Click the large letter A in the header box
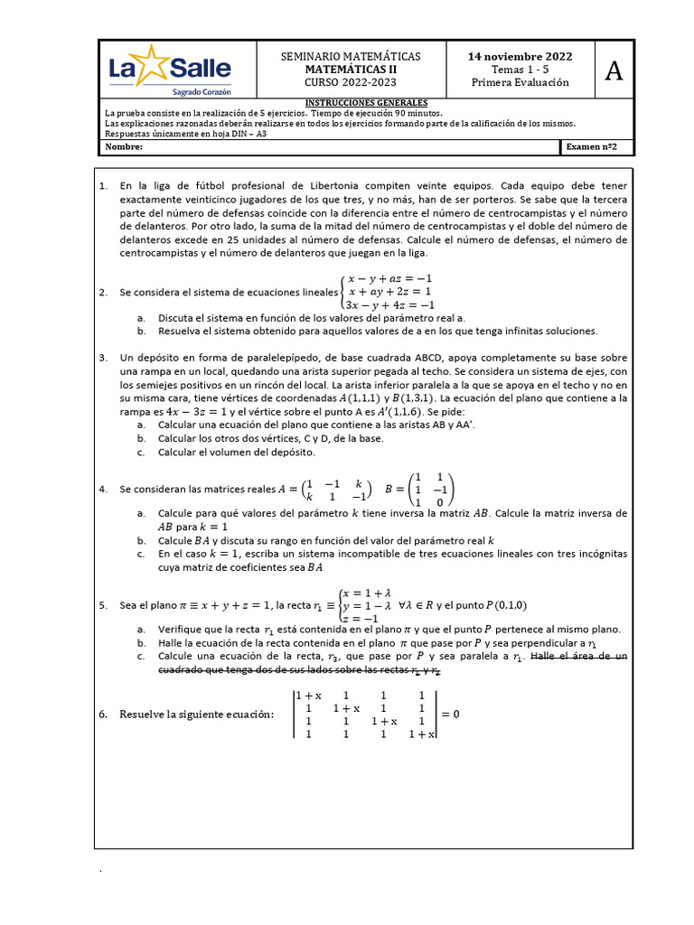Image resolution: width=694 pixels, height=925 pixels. [614, 70]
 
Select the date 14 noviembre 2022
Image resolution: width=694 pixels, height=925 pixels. [520, 56]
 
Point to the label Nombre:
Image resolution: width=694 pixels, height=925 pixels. [125, 146]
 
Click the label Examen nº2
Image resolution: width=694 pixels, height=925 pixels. [597, 146]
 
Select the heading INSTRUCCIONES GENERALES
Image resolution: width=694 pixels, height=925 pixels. [366, 103]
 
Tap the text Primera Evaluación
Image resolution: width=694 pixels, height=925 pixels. [520, 82]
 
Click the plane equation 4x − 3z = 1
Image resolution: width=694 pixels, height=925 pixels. [191, 411]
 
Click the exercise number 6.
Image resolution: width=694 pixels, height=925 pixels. [102, 715]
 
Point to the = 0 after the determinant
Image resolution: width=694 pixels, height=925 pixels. [450, 714]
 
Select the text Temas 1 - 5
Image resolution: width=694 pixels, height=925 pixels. [520, 69]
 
